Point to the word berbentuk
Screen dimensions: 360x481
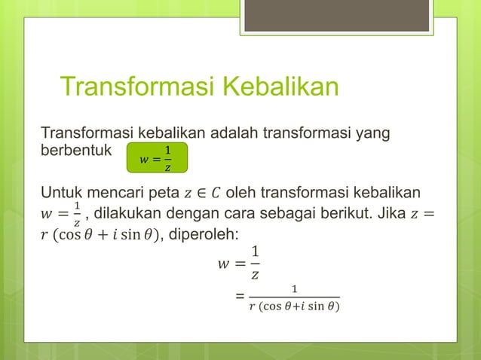pos(75,149)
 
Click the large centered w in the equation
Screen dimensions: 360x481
pos(222,264)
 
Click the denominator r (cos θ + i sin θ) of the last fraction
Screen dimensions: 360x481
pos(293,307)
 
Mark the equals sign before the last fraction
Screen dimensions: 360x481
pos(240,297)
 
